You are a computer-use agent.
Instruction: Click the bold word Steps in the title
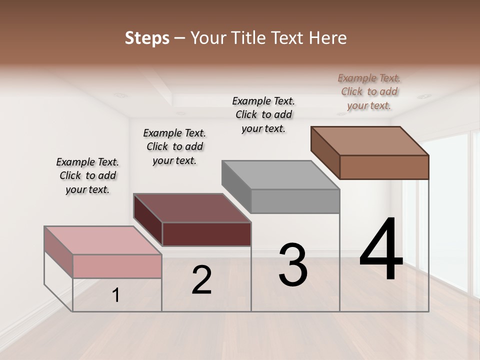[147, 38]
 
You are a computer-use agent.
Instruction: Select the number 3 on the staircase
[293, 265]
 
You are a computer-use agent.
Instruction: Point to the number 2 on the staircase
[201, 280]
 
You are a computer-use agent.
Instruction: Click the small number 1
[116, 295]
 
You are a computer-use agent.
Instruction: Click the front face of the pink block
[117, 266]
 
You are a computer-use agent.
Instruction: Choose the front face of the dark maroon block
[206, 234]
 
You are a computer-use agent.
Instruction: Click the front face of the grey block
[295, 201]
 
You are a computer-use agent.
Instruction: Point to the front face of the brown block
[384, 167]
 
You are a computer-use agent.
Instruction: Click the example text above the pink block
[87, 175]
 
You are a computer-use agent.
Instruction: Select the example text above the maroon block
[174, 146]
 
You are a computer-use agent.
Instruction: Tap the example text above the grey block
[263, 114]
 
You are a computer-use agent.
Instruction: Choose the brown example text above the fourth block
[369, 91]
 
